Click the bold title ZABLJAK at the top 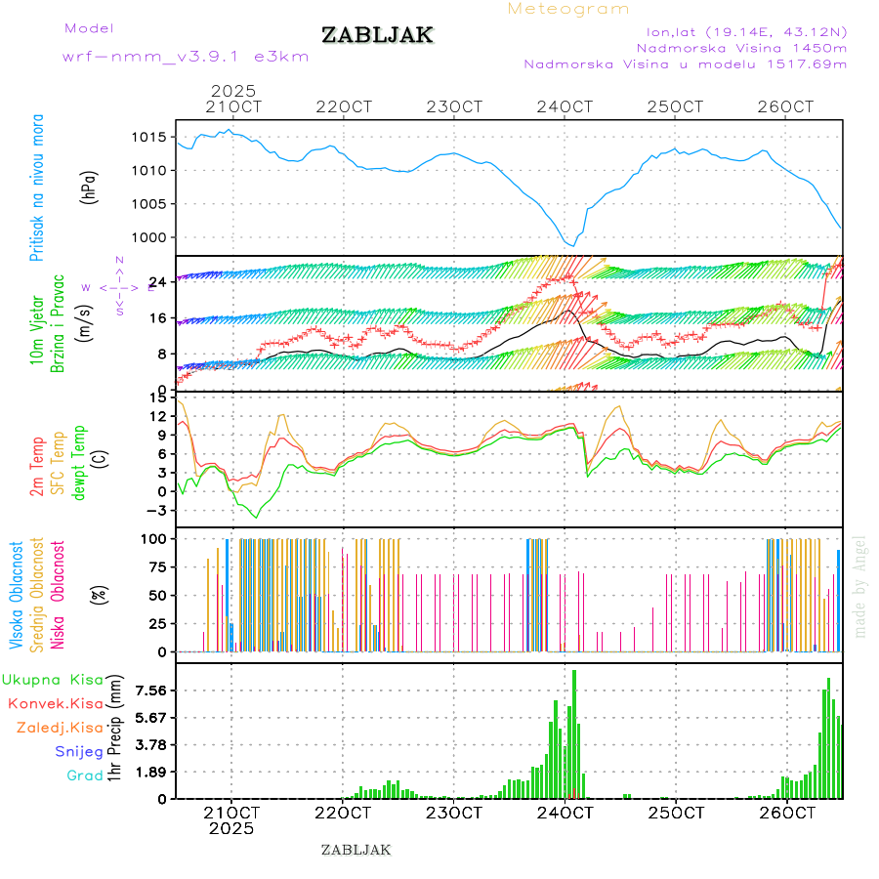click(377, 35)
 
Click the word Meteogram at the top click(568, 9)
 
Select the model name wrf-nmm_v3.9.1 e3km click(185, 57)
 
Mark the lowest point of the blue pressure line click(570, 245)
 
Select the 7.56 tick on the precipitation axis click(150, 691)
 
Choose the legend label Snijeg click(79, 751)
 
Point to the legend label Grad click(84, 775)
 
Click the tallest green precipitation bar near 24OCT click(574, 732)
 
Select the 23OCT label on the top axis click(457, 106)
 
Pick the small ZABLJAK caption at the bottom click(356, 850)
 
